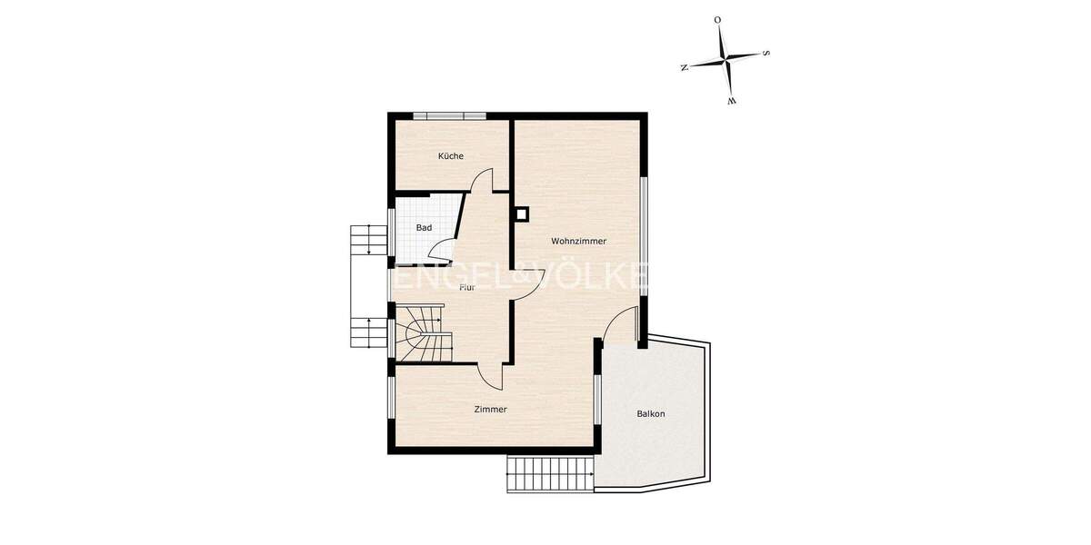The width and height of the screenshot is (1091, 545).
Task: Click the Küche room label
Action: tap(451, 156)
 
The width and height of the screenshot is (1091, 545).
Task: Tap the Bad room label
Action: tap(424, 228)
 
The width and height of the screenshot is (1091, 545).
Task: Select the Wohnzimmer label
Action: tap(578, 242)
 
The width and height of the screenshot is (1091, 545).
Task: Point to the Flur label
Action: tap(467, 287)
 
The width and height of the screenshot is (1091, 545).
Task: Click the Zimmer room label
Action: tap(490, 410)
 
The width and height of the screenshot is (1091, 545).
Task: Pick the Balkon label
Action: tap(651, 414)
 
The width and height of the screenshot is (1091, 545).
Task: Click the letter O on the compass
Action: tap(717, 19)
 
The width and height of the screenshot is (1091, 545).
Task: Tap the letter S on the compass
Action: tap(766, 54)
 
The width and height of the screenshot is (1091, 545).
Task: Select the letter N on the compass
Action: tap(684, 67)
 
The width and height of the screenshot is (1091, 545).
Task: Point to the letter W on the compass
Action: tap(731, 101)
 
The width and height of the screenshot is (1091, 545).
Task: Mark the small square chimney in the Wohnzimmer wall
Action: tap(522, 215)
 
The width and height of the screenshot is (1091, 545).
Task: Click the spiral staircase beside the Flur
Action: tap(421, 334)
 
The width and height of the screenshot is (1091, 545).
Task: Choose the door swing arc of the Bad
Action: tap(444, 249)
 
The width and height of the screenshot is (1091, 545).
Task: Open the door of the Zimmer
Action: tap(491, 373)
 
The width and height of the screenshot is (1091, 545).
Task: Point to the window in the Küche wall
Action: tap(449, 115)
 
